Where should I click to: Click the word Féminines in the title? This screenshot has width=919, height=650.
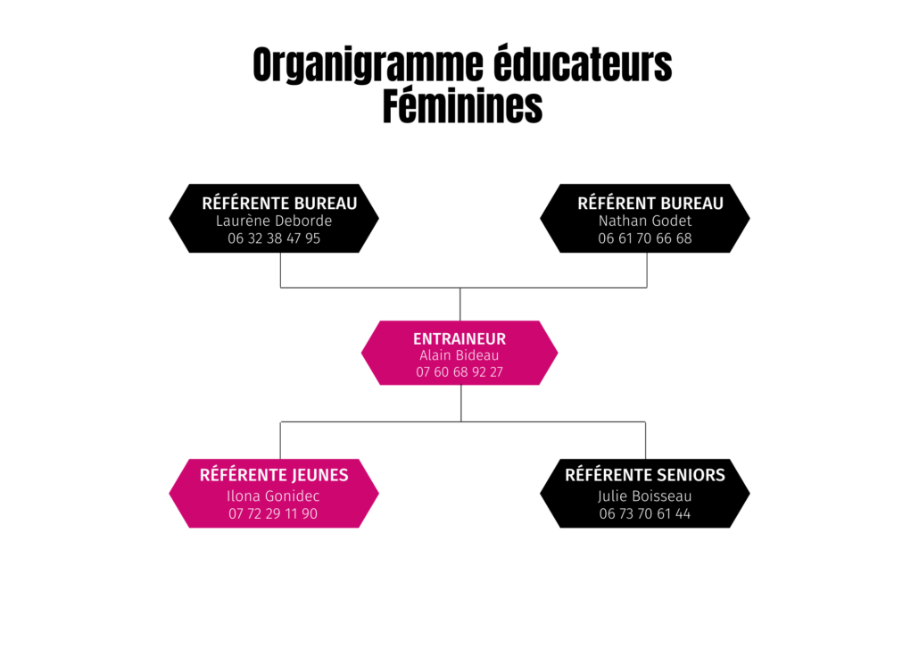(x=462, y=106)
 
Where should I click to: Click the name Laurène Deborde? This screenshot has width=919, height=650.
(x=274, y=221)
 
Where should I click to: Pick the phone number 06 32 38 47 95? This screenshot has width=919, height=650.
(x=274, y=238)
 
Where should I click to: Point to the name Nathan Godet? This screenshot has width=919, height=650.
(x=645, y=221)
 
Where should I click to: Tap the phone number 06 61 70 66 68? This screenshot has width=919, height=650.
(x=645, y=238)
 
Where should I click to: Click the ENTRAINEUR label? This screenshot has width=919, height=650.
(x=459, y=338)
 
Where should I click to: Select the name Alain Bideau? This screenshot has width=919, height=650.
(x=459, y=355)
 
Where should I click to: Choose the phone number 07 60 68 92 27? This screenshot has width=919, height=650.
(x=459, y=372)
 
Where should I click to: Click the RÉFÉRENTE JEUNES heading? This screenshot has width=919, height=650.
(x=274, y=475)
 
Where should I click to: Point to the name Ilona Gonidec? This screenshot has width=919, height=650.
(x=273, y=496)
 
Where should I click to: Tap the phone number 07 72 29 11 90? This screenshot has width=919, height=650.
(x=273, y=513)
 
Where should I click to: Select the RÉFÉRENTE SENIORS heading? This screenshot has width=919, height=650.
(x=645, y=475)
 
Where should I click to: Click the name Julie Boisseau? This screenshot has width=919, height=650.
(x=645, y=496)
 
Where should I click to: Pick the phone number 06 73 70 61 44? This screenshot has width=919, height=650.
(x=645, y=513)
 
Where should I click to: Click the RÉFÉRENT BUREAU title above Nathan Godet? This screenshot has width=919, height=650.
(x=650, y=203)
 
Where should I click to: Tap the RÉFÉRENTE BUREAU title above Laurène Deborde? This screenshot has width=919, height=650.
(x=279, y=203)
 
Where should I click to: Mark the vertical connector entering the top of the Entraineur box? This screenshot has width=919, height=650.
(x=460, y=304)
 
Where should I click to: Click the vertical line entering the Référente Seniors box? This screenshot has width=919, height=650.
(x=645, y=440)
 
